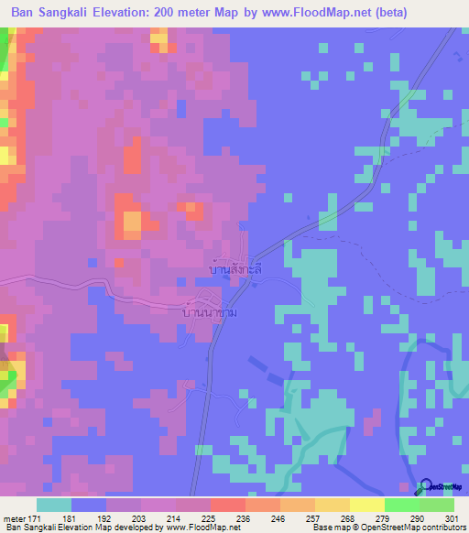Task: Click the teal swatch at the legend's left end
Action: pyautogui.click(x=54, y=505)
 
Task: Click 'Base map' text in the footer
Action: pyautogui.click(x=327, y=528)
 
